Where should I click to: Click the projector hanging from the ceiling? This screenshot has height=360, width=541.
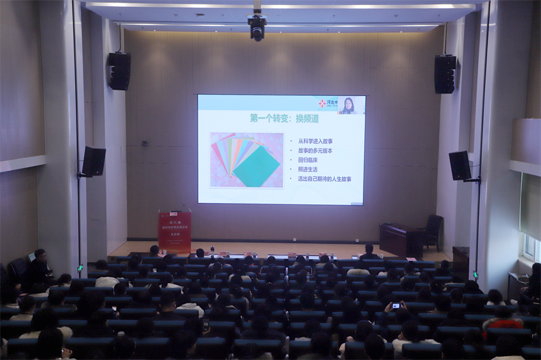257,26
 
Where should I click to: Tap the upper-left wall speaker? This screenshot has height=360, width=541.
119,71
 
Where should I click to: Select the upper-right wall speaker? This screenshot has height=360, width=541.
445,74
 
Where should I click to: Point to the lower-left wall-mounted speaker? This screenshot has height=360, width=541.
94,161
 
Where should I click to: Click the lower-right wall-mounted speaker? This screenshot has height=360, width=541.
460,165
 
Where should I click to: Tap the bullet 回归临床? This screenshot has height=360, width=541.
311,160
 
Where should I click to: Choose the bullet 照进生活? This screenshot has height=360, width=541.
311,170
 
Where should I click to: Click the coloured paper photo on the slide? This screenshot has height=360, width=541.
246,160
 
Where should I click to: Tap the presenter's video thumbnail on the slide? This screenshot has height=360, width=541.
349,105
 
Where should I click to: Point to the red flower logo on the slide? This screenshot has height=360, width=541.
322,103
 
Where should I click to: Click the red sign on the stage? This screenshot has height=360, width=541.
174,231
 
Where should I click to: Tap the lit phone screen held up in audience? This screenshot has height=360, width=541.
396,306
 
